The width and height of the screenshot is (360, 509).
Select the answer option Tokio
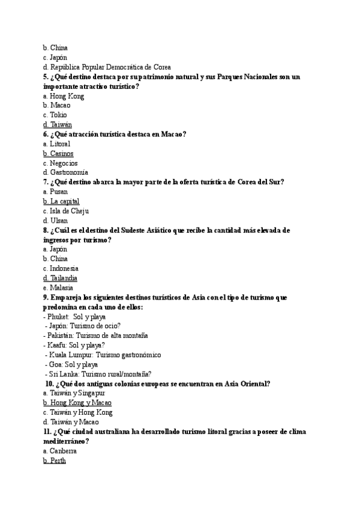pos(58,115)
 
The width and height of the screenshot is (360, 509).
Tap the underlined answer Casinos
pos(62,154)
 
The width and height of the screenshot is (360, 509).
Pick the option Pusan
pos(59,192)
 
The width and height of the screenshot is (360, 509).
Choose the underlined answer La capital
pos(64,202)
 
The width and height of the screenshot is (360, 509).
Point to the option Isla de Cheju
pos(68,211)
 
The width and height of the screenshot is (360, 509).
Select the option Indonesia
pos(64,268)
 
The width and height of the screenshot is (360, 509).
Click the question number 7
pos(46,182)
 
